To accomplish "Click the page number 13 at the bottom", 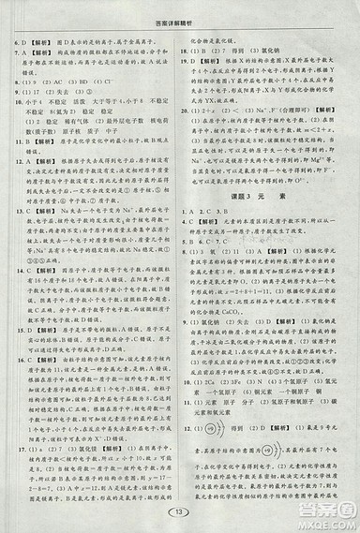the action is point(181,511).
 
